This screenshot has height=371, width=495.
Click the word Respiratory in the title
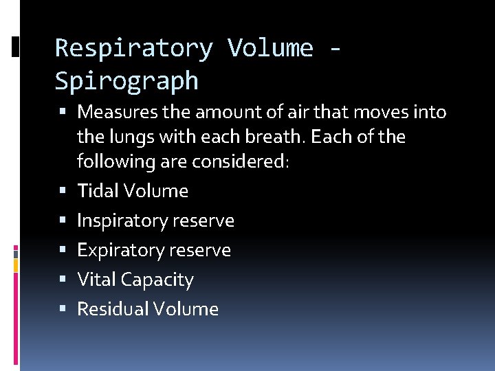point(134,49)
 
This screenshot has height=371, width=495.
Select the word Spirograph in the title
point(126,82)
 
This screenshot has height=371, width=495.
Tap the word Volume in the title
point(271,49)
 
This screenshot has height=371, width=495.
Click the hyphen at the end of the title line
point(335,49)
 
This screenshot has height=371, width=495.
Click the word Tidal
point(96,191)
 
